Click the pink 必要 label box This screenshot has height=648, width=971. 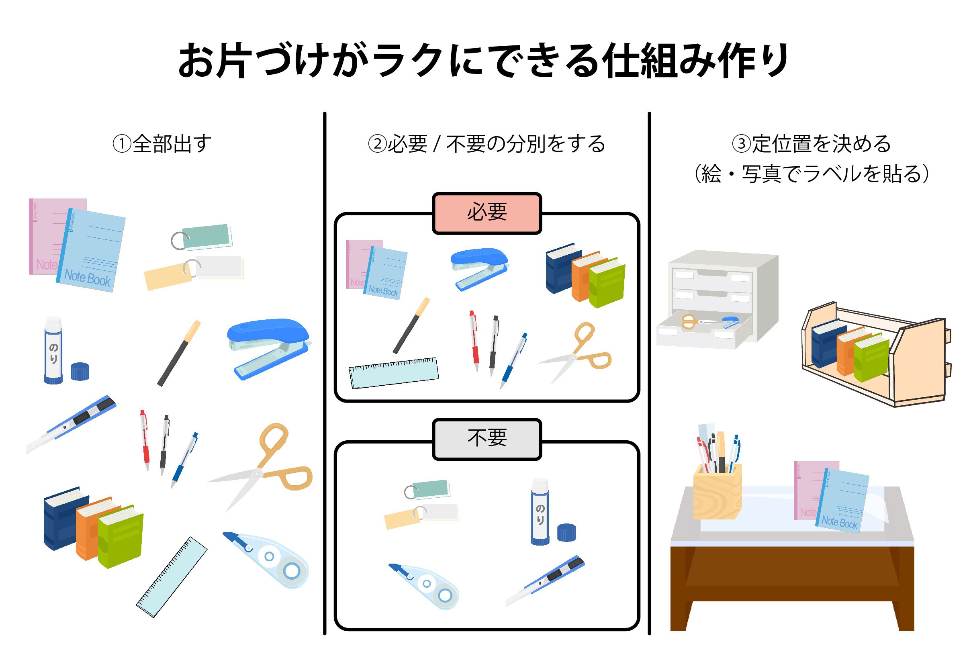point(487,213)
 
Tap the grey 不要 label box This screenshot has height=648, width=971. point(487,439)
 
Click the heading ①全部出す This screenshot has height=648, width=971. point(162,144)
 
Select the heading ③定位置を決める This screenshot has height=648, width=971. point(811,144)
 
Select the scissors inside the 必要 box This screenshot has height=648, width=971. point(579,351)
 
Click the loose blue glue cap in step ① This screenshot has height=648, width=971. point(80,371)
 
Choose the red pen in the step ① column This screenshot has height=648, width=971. point(145,440)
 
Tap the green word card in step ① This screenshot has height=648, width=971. point(205,236)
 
